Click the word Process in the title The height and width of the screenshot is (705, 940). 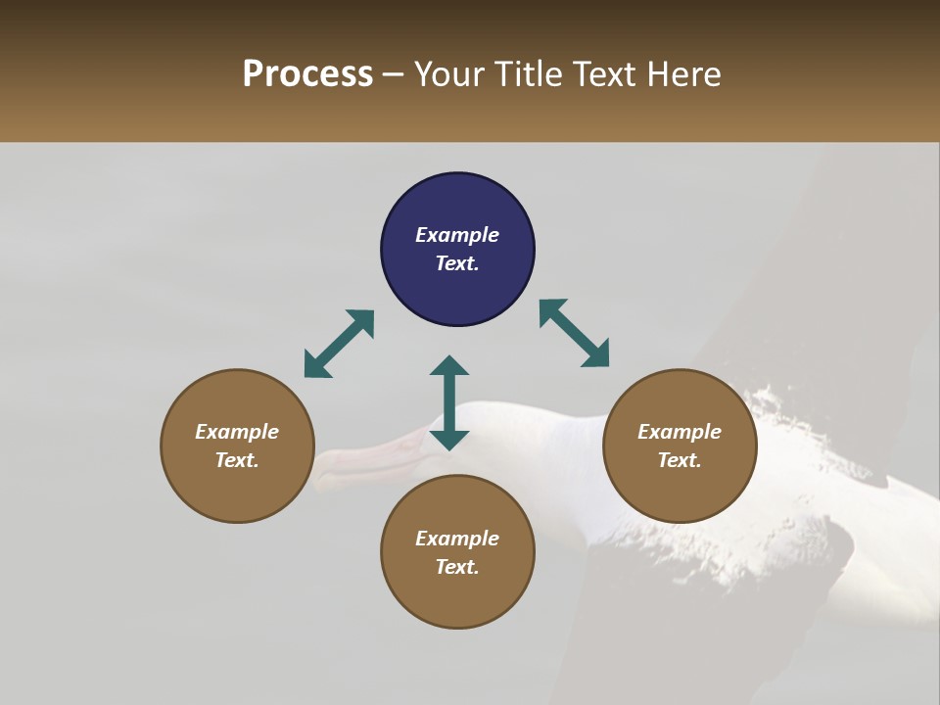click(x=307, y=74)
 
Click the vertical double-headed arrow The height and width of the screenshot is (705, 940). click(x=449, y=402)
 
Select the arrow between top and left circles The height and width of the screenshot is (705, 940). click(x=339, y=344)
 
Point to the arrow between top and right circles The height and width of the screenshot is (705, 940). click(x=575, y=333)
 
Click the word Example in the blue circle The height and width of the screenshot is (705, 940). click(x=457, y=235)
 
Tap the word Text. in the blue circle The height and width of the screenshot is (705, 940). click(x=457, y=263)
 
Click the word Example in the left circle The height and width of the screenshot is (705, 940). click(x=237, y=432)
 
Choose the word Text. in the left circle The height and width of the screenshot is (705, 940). click(x=237, y=460)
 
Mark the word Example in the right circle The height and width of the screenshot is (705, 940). click(x=680, y=432)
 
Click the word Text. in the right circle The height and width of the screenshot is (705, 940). click(x=680, y=460)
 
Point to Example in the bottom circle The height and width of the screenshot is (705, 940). click(x=457, y=539)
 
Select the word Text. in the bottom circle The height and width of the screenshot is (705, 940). click(x=457, y=567)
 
